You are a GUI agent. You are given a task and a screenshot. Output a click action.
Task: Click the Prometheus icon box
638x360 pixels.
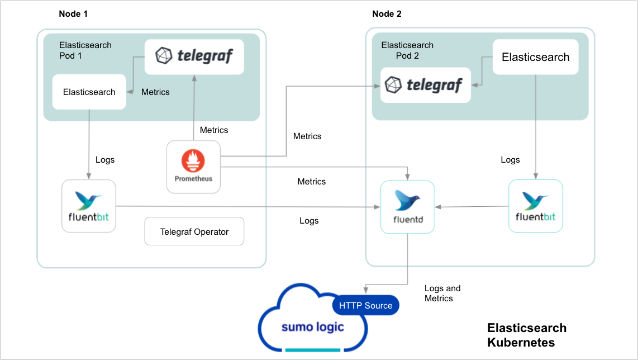(193, 167)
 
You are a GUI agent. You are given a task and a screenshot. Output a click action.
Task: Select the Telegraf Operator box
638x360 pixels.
(194, 231)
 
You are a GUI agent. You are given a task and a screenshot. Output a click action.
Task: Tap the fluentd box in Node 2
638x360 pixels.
(407, 207)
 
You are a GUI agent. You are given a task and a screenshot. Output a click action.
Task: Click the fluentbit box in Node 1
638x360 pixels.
(88, 206)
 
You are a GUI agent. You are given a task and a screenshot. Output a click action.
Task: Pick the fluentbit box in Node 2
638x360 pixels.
(535, 206)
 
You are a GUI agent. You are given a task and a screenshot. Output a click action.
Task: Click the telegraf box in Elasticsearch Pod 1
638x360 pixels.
(194, 56)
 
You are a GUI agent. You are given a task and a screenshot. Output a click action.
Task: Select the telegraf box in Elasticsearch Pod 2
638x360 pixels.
(426, 85)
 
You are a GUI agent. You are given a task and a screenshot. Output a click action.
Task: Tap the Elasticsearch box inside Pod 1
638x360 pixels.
(89, 92)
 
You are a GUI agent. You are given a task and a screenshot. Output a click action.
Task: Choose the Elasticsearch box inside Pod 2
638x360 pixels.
(535, 57)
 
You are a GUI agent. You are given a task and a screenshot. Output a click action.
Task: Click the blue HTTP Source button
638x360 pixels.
(366, 305)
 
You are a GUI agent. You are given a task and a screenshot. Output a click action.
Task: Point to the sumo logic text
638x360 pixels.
(313, 327)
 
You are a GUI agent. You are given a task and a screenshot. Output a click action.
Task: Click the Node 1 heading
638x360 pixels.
(73, 14)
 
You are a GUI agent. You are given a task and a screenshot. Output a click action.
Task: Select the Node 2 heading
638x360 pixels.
(387, 14)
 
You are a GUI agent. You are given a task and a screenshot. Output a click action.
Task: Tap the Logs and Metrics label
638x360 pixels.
(442, 293)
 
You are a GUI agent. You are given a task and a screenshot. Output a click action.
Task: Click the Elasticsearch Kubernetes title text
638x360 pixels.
(527, 335)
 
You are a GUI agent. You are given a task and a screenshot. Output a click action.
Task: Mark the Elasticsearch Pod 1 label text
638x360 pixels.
(85, 50)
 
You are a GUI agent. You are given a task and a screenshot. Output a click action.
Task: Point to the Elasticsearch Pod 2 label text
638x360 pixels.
(407, 50)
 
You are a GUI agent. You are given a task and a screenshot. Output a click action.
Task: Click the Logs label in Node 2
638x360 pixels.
(510, 160)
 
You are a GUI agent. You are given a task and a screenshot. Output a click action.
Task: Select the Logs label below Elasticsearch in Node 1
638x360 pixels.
(105, 160)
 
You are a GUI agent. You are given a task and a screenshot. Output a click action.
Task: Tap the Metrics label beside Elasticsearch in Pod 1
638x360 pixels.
(155, 92)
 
